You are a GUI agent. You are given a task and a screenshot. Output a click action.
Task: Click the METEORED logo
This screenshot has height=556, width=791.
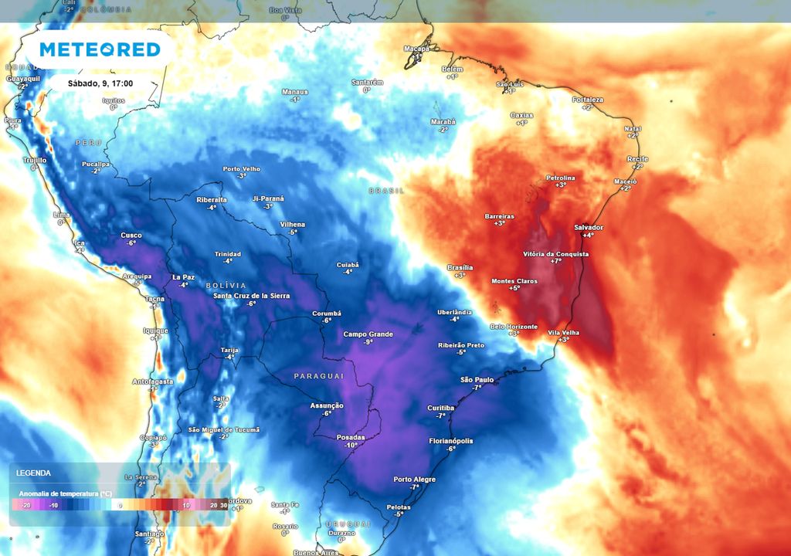100,49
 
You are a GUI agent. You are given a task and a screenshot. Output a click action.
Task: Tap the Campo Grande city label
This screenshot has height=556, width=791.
368,334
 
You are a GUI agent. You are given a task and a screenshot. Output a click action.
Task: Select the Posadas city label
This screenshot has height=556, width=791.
351,437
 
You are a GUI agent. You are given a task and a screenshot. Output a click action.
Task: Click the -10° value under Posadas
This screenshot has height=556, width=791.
351,446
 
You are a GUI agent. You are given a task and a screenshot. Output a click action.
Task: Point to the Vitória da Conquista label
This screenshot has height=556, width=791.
555,253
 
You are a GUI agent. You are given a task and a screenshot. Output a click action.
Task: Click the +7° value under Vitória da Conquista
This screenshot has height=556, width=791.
555,262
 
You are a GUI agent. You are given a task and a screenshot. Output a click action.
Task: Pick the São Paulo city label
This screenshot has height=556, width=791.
477,379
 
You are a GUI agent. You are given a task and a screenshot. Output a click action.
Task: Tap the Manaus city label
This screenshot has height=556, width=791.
294,92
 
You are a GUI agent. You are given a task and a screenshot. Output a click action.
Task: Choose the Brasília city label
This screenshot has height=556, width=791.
460,267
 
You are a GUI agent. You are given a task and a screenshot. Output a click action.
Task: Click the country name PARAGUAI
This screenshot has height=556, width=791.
318,375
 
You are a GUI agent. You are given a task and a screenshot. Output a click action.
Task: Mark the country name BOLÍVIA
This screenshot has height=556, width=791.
226,286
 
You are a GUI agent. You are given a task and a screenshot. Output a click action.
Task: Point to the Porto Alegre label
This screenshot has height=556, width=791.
414,479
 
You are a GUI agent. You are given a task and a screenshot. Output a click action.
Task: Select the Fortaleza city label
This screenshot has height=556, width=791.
587,100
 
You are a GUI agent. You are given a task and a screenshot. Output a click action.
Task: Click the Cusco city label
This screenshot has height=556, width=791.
131,235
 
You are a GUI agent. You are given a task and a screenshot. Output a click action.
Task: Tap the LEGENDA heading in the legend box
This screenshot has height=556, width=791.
33,473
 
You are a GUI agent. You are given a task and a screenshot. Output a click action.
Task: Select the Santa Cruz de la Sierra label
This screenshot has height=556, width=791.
251,296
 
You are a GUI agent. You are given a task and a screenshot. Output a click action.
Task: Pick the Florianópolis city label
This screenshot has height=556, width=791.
451,440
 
